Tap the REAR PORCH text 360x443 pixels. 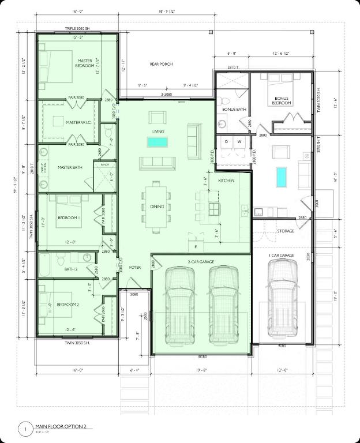[161, 64]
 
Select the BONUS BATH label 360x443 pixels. [234, 109]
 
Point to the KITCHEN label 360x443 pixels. [226, 181]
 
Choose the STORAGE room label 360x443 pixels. [285, 231]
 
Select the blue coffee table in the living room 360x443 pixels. [157, 142]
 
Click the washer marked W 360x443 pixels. [239, 141]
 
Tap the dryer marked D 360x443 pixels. [226, 141]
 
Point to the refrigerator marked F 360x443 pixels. [196, 246]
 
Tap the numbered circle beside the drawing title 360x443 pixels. [25, 429]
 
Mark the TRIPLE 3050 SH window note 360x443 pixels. [78, 28]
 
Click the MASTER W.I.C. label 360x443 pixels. [77, 122]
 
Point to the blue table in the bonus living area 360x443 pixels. [281, 177]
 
